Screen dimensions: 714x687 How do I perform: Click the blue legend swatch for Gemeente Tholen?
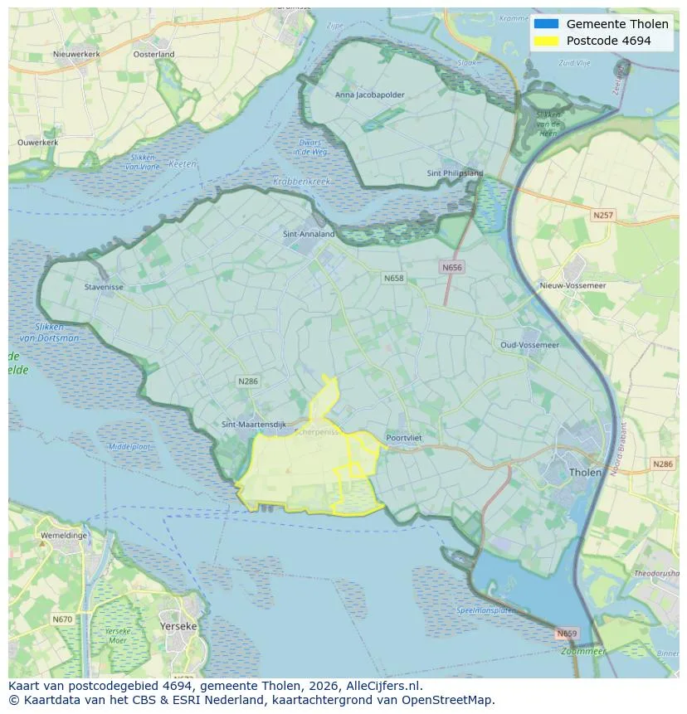click(546, 24)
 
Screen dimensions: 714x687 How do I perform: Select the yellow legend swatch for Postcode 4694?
click(546, 40)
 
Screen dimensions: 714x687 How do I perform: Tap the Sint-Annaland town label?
click(309, 234)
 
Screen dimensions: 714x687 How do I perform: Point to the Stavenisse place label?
click(104, 288)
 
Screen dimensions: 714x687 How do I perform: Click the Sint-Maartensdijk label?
click(254, 424)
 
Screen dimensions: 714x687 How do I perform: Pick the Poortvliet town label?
click(406, 438)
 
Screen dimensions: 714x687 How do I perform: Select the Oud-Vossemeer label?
click(529, 344)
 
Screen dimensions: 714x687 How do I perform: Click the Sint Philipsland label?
click(455, 173)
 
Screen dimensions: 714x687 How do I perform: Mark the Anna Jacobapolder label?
click(370, 95)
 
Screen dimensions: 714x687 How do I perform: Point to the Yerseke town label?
click(178, 626)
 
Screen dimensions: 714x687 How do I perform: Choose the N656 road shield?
click(451, 267)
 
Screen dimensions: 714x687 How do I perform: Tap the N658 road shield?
click(394, 278)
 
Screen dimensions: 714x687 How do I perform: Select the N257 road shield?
click(603, 215)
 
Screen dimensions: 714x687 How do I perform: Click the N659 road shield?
click(566, 634)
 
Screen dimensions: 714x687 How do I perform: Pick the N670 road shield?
click(61, 619)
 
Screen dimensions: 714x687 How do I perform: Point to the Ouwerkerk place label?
click(38, 143)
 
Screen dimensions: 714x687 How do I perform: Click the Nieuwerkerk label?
click(76, 54)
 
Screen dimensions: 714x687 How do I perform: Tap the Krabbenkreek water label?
click(301, 181)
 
